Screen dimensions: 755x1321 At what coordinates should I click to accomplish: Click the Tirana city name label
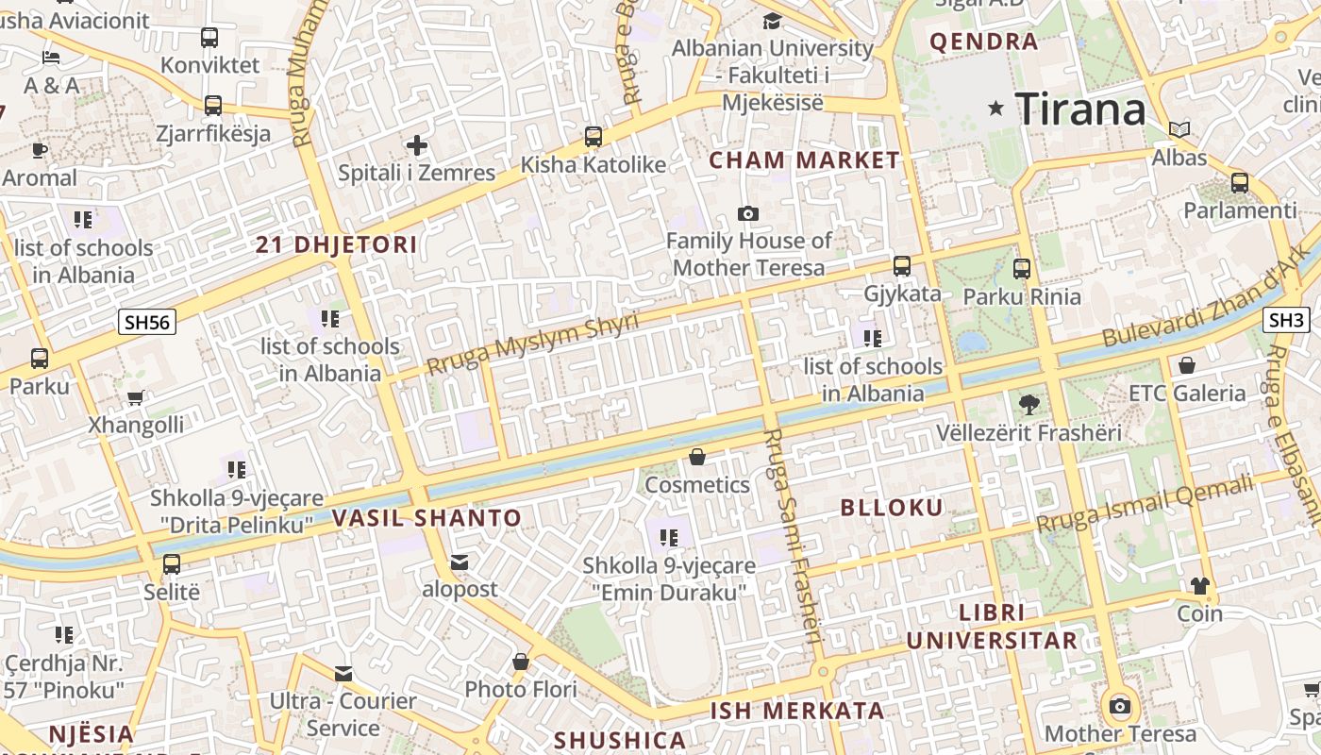1080,109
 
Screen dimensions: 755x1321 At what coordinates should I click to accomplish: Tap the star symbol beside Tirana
995,109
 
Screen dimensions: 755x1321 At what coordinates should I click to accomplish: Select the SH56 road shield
148,322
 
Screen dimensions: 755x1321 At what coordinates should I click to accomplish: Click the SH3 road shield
1286,320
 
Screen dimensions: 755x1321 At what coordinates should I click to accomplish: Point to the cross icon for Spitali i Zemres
416,145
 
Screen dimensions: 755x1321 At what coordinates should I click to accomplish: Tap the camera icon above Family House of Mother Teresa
748,213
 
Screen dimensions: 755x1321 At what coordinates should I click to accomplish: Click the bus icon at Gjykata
902,266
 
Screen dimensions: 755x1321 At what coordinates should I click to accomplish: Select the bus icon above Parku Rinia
1022,269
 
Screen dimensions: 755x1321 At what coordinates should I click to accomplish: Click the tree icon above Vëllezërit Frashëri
1028,405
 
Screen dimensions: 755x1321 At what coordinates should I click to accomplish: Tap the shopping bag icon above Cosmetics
697,458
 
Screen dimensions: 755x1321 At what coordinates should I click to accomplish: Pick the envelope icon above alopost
460,562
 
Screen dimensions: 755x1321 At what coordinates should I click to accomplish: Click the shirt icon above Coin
1199,586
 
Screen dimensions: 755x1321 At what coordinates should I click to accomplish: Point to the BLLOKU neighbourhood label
892,508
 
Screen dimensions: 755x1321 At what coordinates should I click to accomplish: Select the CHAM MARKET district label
805,160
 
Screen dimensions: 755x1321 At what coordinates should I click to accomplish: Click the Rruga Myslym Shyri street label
532,343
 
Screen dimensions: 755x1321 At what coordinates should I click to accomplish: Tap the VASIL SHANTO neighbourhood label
426,517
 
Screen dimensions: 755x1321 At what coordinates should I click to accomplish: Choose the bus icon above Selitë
172,564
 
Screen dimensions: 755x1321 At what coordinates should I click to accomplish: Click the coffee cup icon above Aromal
39,150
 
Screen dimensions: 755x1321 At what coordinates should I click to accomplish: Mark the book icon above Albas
1179,129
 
